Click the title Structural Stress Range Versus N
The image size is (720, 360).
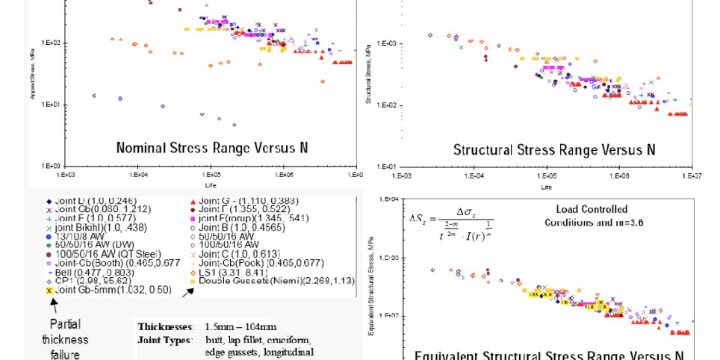tap(554, 149)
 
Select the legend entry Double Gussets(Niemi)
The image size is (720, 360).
tap(272, 281)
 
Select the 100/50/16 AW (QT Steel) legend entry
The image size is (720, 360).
tap(113, 254)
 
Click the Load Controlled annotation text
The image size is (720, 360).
tap(592, 210)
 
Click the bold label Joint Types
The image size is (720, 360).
tap(161, 339)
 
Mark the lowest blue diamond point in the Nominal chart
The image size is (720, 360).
tap(234, 125)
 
